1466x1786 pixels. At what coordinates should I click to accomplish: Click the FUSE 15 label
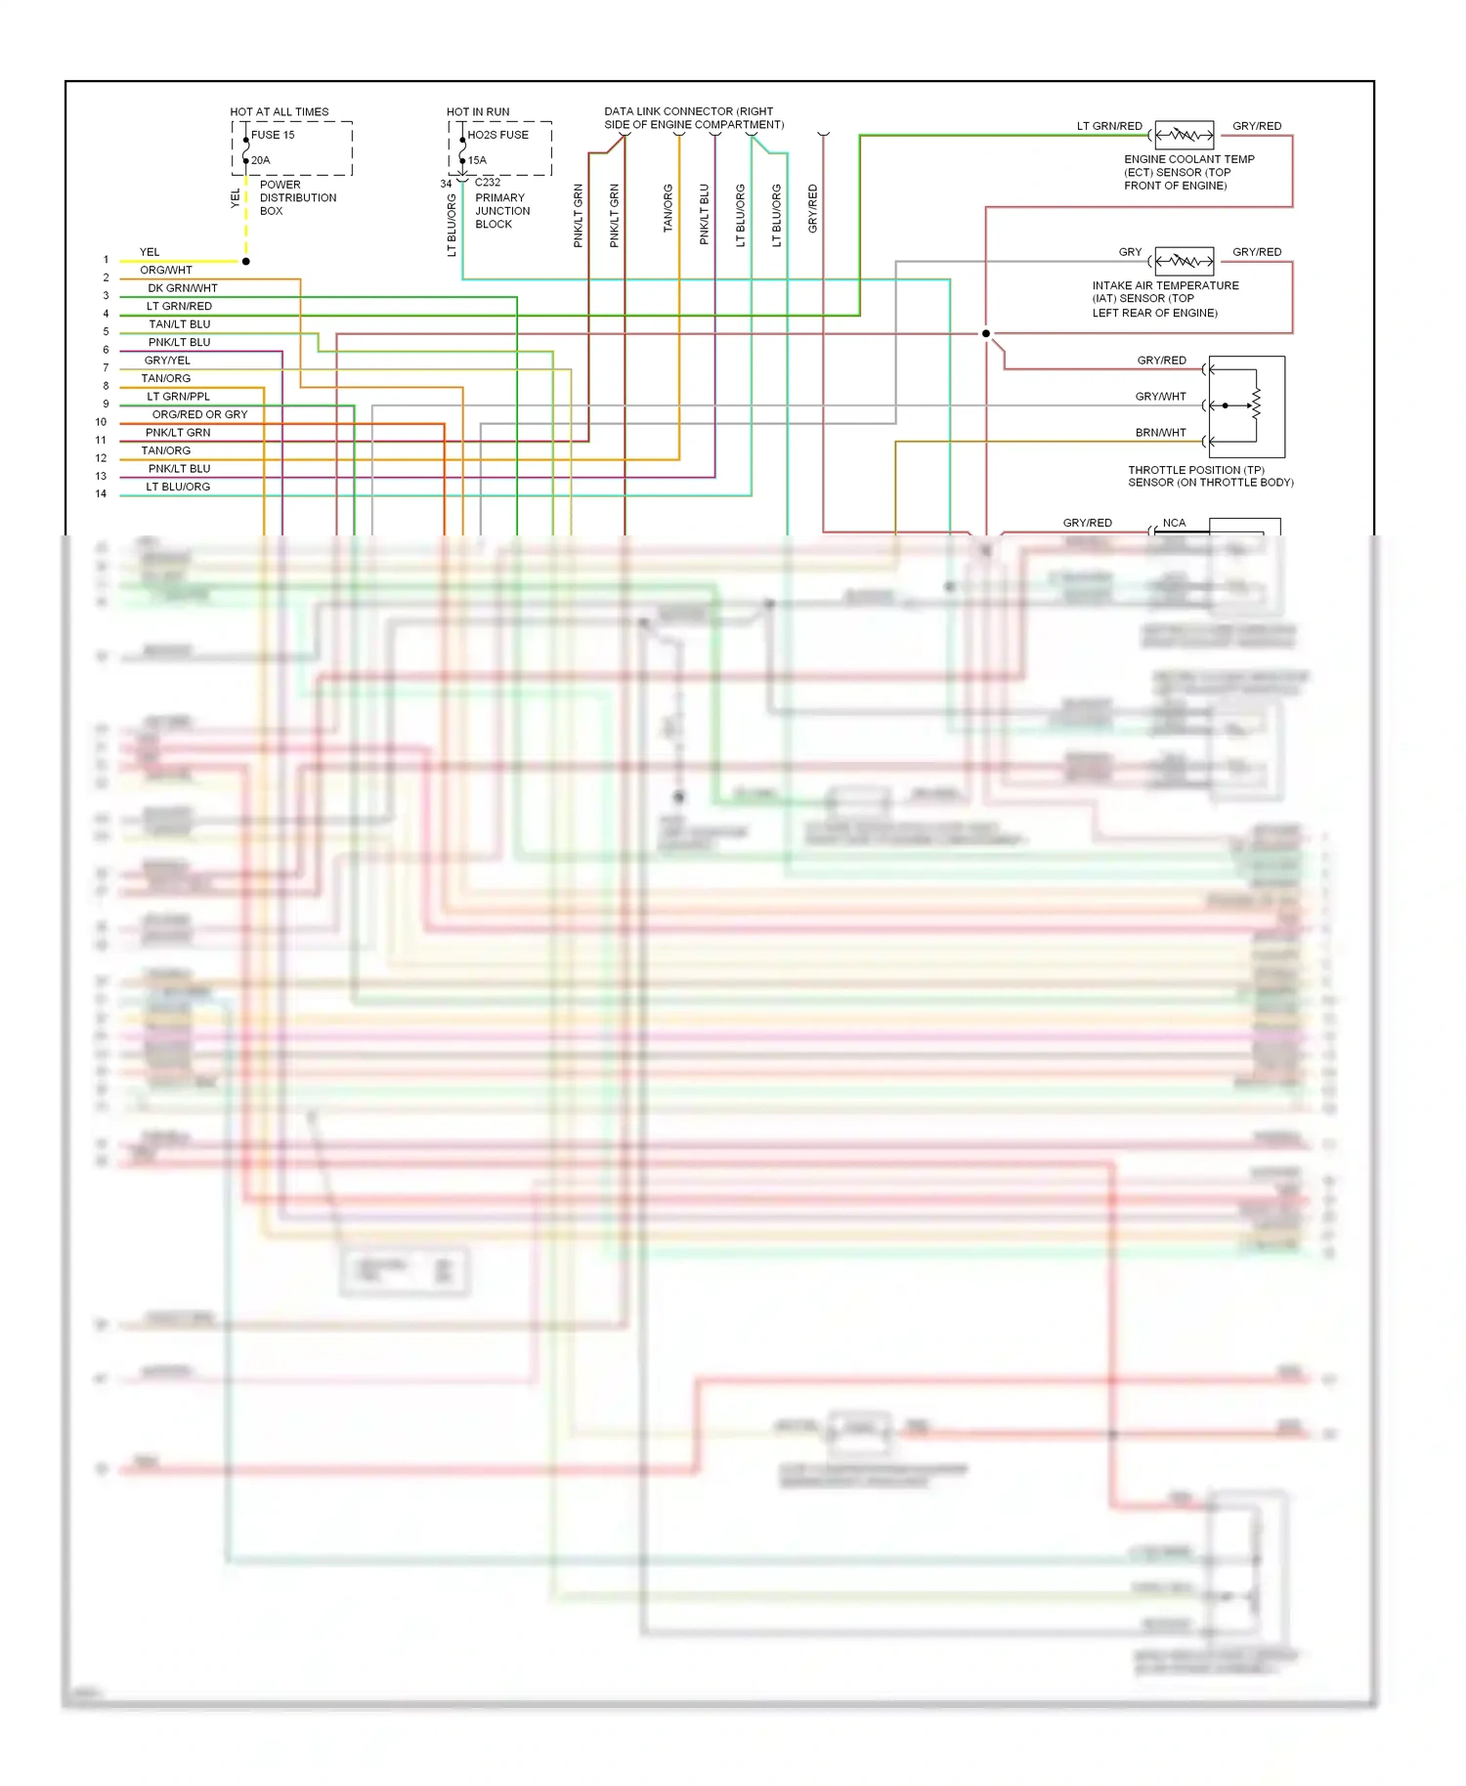point(272,135)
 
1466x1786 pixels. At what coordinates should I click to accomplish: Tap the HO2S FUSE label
point(497,135)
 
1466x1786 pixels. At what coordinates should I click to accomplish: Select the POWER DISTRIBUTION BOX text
point(297,197)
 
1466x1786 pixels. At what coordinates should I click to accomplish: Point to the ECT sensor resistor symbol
point(1184,135)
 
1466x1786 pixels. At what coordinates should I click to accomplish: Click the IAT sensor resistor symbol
point(1184,261)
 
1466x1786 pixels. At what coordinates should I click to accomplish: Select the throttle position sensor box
point(1246,406)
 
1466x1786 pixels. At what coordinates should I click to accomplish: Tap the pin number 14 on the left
point(101,494)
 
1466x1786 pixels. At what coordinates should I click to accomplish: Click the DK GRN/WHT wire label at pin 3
point(183,288)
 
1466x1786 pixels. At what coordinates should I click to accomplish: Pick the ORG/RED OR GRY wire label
point(199,414)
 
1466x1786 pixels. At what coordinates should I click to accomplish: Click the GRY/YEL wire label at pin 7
point(167,361)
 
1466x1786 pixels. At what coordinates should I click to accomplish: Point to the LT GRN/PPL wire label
point(178,397)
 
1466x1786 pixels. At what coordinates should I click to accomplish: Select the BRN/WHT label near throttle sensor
point(1160,433)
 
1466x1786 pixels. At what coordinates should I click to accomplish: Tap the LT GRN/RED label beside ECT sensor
point(1109,126)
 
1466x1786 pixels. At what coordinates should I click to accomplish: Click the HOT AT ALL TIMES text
point(279,112)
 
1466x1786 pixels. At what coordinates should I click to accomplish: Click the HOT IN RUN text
point(478,112)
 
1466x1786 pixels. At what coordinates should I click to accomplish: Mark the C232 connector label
point(487,183)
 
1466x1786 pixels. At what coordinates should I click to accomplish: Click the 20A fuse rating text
point(260,160)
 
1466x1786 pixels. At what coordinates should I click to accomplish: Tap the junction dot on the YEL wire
point(246,262)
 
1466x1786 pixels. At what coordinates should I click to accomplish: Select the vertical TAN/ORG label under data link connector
point(668,208)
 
